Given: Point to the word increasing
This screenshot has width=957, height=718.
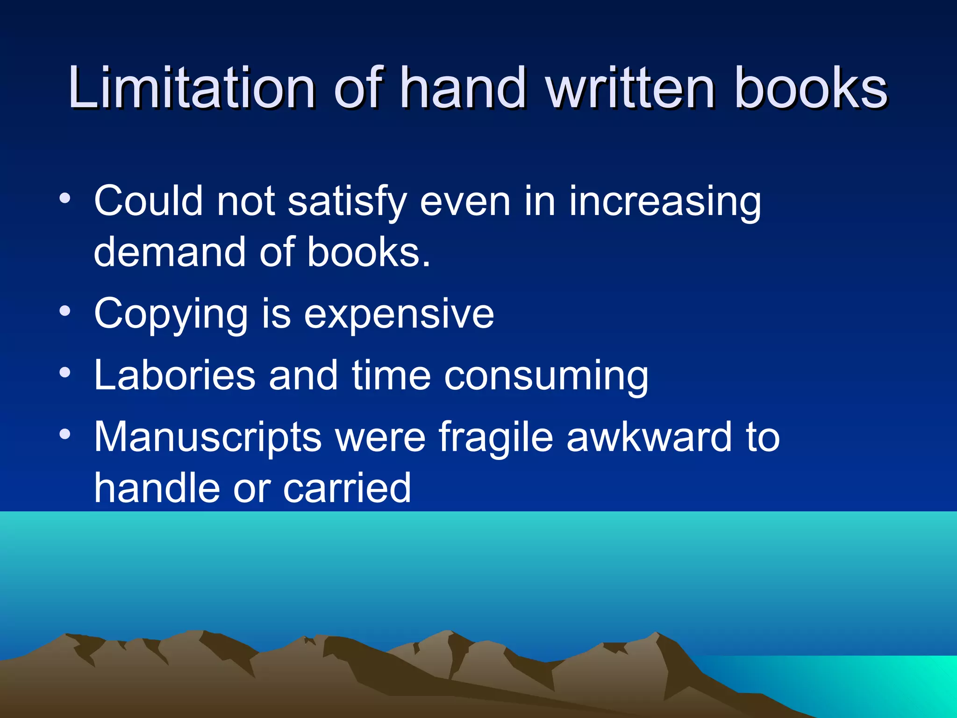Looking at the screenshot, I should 664,202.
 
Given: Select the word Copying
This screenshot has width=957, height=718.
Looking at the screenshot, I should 171,314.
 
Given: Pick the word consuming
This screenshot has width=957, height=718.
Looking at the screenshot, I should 546,376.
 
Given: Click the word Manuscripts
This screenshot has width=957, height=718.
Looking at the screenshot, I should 208,438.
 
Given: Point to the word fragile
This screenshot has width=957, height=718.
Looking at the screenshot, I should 495,438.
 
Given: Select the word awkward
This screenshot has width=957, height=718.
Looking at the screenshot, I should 649,437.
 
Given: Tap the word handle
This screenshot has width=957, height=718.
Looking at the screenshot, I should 157,488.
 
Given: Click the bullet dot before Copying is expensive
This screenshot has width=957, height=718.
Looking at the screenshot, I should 65,310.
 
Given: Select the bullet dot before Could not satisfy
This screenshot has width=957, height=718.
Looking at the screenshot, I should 65,198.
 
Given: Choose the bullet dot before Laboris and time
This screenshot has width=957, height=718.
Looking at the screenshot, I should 65,372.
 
